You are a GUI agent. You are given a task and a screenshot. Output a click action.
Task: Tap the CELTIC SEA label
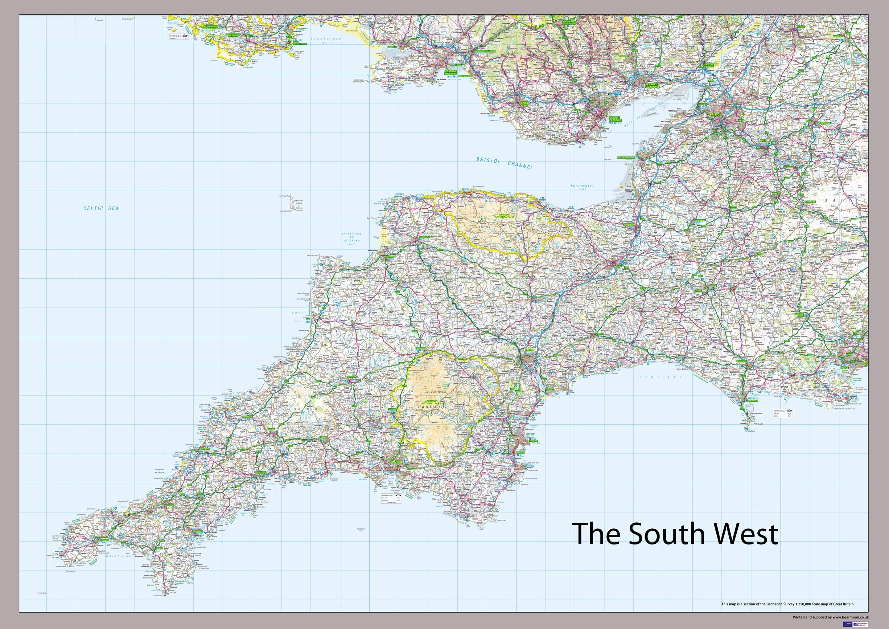point(101,208)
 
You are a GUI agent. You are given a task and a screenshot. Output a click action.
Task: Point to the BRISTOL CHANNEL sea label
point(504,163)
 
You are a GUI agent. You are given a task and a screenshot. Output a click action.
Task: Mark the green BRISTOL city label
point(715,114)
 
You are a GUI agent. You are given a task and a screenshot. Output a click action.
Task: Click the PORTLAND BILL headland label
point(749,431)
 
